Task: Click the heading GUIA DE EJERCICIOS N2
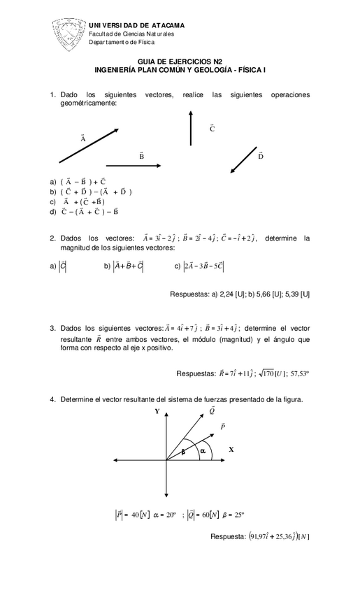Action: pyautogui.click(x=180, y=62)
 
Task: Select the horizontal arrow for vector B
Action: pyautogui.click(x=133, y=166)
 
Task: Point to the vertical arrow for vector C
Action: pyautogui.click(x=190, y=128)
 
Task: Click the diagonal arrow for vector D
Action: pyautogui.click(x=243, y=159)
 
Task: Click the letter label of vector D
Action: pyautogui.click(x=261, y=155)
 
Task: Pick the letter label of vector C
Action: pyautogui.click(x=212, y=129)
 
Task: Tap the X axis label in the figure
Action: pyautogui.click(x=231, y=448)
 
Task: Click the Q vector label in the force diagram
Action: pyautogui.click(x=212, y=410)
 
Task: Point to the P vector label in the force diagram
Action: pyautogui.click(x=222, y=426)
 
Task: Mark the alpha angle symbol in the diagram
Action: pyautogui.click(x=203, y=451)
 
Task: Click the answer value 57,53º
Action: pyautogui.click(x=296, y=373)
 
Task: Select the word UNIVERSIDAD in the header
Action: pyautogui.click(x=112, y=25)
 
